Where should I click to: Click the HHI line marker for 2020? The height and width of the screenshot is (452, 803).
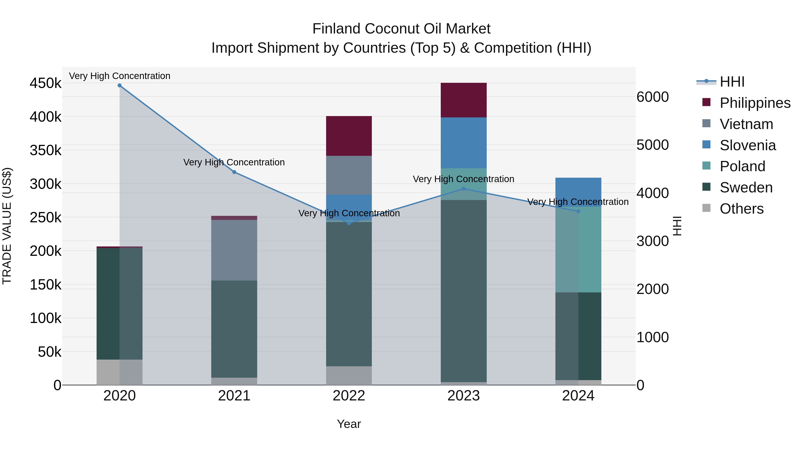click(119, 85)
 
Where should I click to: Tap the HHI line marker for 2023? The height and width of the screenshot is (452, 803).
click(464, 189)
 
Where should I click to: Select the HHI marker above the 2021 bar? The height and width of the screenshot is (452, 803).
click(234, 172)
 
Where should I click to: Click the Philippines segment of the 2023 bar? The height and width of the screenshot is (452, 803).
click(464, 100)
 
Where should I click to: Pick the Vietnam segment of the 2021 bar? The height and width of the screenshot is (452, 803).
click(234, 250)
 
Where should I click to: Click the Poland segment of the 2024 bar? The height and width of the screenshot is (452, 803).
click(578, 250)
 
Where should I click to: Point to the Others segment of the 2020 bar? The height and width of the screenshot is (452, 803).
click(119, 372)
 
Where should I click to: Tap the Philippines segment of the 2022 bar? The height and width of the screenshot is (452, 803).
click(349, 136)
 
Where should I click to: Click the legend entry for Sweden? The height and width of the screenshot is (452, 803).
click(746, 187)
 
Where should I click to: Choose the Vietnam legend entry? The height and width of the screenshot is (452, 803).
click(746, 124)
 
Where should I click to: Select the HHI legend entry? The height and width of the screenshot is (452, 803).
click(732, 82)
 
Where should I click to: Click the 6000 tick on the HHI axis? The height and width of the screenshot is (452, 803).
click(652, 97)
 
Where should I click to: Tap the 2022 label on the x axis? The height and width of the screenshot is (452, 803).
click(349, 396)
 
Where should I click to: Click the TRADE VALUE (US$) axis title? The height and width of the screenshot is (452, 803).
click(7, 226)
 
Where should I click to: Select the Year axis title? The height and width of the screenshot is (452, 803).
click(349, 424)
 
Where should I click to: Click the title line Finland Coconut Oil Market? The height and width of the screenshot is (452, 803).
click(401, 29)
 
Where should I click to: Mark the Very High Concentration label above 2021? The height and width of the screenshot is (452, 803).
click(234, 162)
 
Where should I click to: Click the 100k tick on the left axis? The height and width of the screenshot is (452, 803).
click(46, 318)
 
